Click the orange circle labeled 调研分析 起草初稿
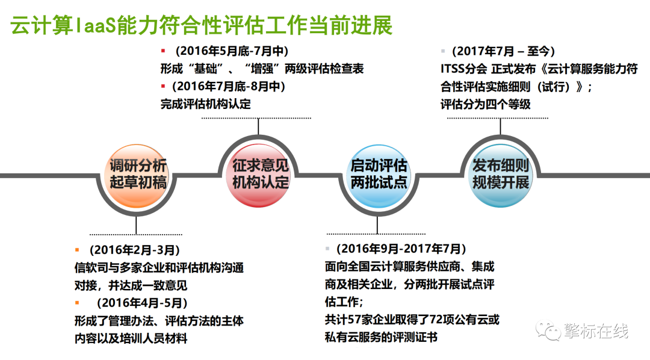click(x=137, y=176)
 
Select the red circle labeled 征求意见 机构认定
click(x=259, y=175)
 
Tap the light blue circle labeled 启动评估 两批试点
click(x=377, y=176)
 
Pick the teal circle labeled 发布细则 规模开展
click(x=500, y=175)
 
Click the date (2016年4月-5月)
click(x=142, y=303)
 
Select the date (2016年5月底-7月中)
click(x=232, y=51)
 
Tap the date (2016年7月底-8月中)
click(x=229, y=86)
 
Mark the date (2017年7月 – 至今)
click(x=503, y=51)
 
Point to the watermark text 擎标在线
click(x=595, y=331)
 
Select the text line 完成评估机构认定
click(x=206, y=104)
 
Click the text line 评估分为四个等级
click(x=486, y=104)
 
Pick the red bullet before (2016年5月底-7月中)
click(x=163, y=51)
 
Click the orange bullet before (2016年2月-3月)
click(x=77, y=250)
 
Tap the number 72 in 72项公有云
click(x=436, y=320)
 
